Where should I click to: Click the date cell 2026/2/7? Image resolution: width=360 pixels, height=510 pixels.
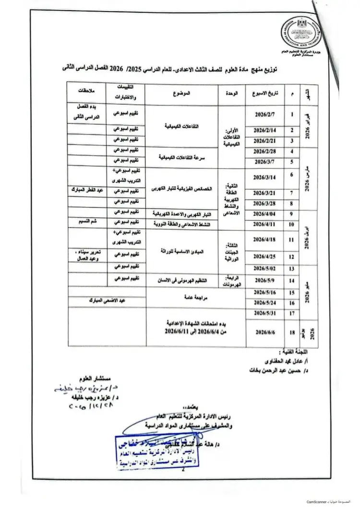265,116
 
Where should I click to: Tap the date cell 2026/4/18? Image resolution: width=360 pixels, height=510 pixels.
265,239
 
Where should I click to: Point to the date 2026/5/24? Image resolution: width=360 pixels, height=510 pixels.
265,303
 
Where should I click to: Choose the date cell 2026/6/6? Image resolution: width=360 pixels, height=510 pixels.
265,332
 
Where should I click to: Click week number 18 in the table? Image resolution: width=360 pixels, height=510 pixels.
291,332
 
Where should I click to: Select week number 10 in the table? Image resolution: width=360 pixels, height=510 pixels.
291,224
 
